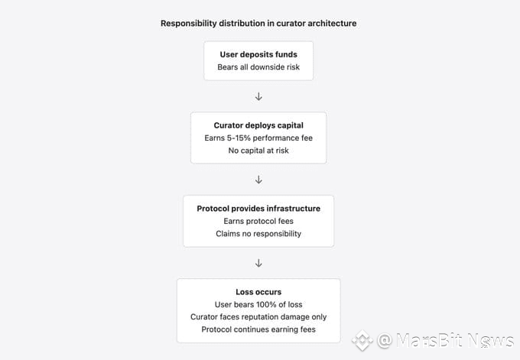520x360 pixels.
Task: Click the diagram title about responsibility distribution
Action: click(258, 23)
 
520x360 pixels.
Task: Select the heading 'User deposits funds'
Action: click(258, 54)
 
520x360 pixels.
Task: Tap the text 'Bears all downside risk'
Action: click(258, 67)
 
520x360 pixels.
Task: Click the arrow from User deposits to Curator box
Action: click(258, 96)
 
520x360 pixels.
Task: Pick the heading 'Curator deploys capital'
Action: click(258, 125)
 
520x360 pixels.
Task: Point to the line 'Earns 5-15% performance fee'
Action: click(258, 138)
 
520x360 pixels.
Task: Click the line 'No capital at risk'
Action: click(258, 151)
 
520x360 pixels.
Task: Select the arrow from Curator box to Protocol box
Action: click(258, 180)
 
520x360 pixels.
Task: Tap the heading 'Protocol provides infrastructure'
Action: click(258, 208)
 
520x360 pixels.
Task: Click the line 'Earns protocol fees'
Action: click(258, 221)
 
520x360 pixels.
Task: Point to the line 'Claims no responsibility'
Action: click(258, 234)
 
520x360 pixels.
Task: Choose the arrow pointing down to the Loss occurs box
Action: click(258, 263)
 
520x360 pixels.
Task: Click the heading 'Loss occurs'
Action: click(258, 291)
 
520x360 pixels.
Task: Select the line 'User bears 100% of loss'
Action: click(258, 304)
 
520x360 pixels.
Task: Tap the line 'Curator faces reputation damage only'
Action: click(258, 317)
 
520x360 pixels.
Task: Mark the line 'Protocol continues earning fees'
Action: click(258, 330)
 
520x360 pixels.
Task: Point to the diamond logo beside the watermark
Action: click(362, 340)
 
